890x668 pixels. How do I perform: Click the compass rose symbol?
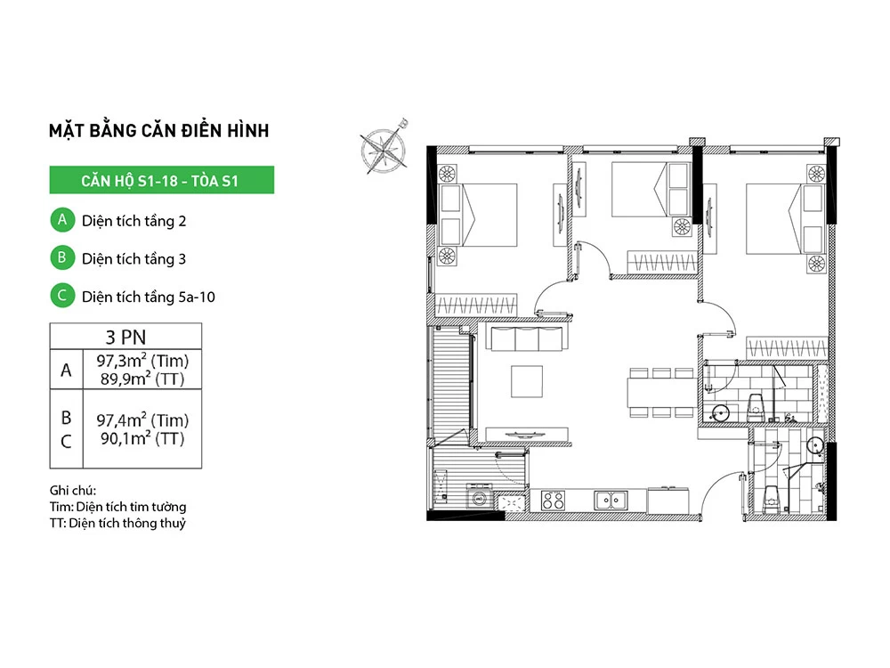pyautogui.click(x=384, y=150)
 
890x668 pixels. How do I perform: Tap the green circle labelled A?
pyautogui.click(x=62, y=220)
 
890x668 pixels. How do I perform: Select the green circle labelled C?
pyautogui.click(x=62, y=296)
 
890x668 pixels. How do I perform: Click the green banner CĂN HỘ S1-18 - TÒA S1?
pyautogui.click(x=162, y=180)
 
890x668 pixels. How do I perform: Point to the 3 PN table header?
pyautogui.click(x=125, y=337)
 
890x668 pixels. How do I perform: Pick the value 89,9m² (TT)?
pyautogui.click(x=142, y=379)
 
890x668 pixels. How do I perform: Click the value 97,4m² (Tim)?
pyautogui.click(x=142, y=420)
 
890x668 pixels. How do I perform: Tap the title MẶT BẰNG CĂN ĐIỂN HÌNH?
pyautogui.click(x=159, y=131)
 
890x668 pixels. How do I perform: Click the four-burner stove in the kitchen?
pyautogui.click(x=553, y=501)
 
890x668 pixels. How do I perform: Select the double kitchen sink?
pyautogui.click(x=611, y=501)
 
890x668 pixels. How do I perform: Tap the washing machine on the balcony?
pyautogui.click(x=479, y=496)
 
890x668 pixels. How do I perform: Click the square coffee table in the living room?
pyautogui.click(x=527, y=381)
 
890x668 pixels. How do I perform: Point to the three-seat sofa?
pyautogui.click(x=527, y=338)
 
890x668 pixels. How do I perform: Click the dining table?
pyautogui.click(x=662, y=393)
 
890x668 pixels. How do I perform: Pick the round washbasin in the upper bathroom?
pyautogui.click(x=720, y=413)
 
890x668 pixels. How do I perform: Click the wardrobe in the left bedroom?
pyautogui.click(x=475, y=305)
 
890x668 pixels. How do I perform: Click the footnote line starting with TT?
pyautogui.click(x=117, y=523)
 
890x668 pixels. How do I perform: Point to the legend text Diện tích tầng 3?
pyautogui.click(x=134, y=258)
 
